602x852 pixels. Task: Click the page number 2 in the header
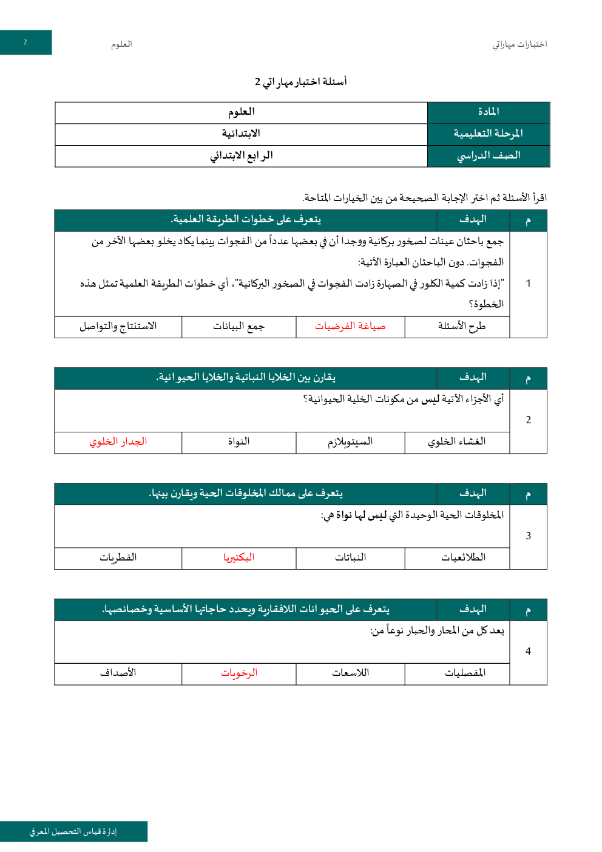(25, 43)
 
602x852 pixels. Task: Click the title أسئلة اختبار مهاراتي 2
(301, 81)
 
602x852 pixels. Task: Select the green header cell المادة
(489, 112)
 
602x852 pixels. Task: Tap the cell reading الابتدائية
(241, 134)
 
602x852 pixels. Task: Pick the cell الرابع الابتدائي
(241, 155)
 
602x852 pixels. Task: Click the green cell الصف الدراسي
(489, 155)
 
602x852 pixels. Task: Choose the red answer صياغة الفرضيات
(350, 327)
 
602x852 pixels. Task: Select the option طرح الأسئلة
(462, 327)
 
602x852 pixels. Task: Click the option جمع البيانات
(238, 327)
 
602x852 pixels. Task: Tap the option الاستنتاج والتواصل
(118, 327)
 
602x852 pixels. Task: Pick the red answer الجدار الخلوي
(118, 442)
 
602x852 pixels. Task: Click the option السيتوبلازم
(350, 442)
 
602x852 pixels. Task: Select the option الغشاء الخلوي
(457, 442)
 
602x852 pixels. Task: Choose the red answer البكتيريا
(238, 557)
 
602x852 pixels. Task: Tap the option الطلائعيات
(463, 557)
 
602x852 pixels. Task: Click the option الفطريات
(118, 557)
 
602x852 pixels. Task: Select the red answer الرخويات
(239, 673)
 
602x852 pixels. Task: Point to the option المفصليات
(465, 673)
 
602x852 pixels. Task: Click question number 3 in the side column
(528, 536)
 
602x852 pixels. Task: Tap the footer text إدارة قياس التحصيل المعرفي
(73, 831)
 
